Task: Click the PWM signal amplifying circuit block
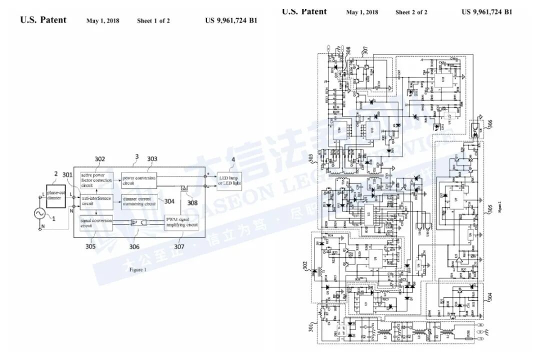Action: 181,222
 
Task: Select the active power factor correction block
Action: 96,179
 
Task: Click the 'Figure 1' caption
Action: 138,269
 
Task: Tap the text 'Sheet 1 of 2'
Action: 153,21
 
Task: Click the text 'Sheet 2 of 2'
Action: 411,12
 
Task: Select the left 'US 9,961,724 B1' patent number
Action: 231,20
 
